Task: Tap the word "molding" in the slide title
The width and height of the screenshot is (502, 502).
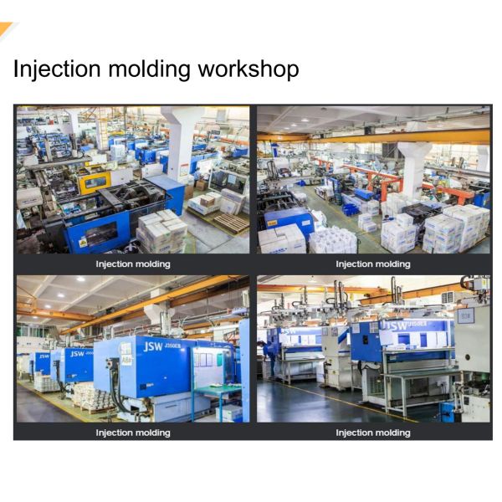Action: coord(151,70)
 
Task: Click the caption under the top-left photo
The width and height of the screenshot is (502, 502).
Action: coord(132,264)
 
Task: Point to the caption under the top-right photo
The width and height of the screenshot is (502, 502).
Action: coord(373,264)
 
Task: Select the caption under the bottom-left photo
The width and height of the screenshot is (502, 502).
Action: coord(132,433)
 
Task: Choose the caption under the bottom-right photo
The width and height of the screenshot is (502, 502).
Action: coord(373,433)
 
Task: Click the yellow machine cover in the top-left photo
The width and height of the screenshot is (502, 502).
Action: coord(95,182)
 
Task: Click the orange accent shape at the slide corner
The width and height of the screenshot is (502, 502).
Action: coord(7,29)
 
